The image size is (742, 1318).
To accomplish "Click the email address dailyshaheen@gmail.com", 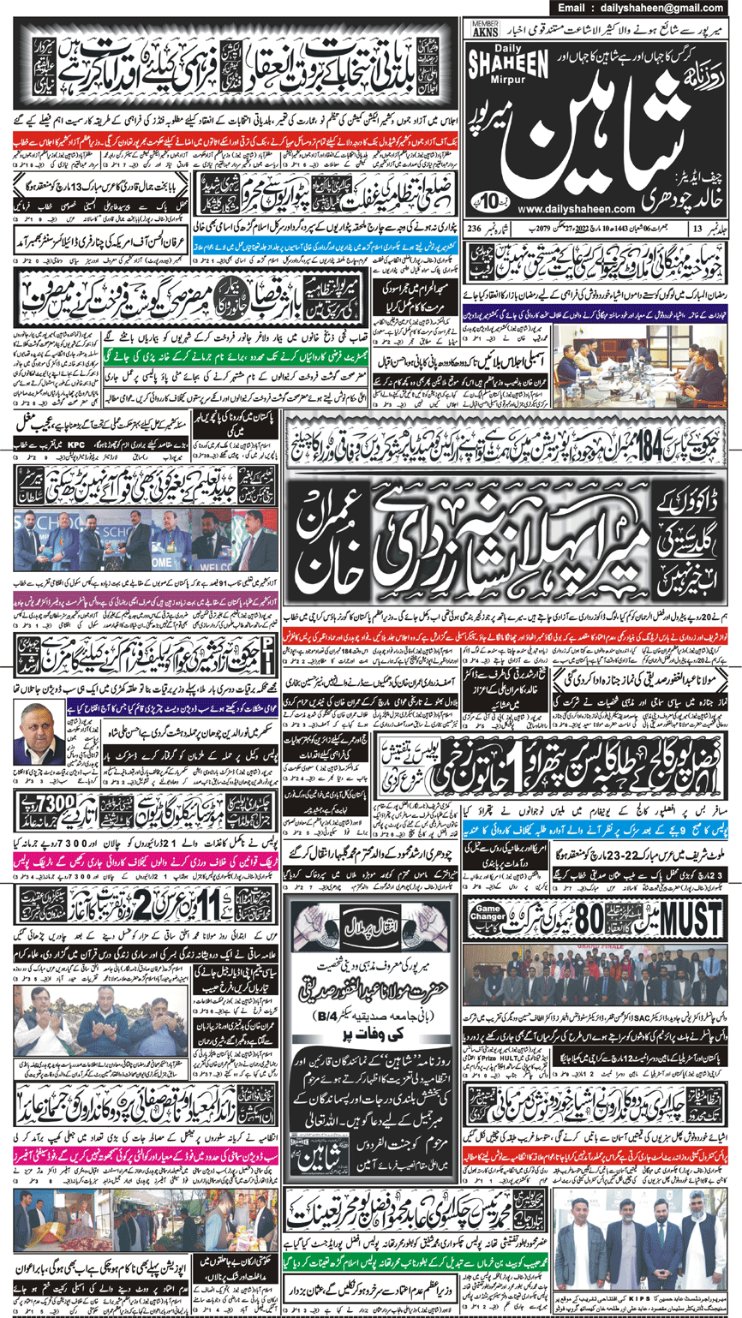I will [x=650, y=8].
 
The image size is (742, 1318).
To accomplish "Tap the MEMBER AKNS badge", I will [x=485, y=30].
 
